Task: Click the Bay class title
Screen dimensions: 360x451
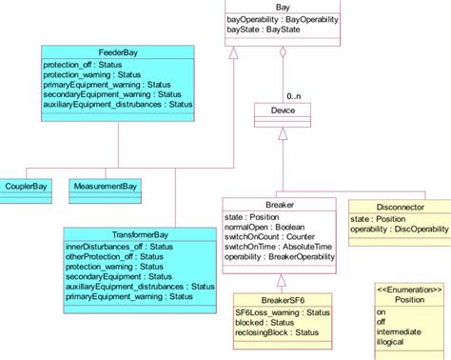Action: click(283, 7)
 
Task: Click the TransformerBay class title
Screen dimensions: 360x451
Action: click(141, 234)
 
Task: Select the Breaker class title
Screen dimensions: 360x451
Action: click(280, 204)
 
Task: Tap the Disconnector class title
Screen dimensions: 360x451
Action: click(399, 206)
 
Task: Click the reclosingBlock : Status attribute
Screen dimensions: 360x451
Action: click(277, 332)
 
